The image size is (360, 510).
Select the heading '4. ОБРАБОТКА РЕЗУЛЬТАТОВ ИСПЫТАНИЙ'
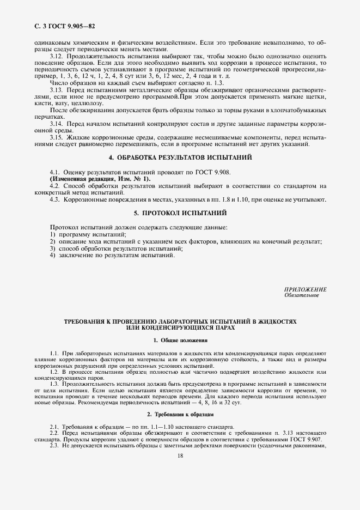179,157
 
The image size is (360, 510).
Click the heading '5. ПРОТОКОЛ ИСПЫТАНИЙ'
179,212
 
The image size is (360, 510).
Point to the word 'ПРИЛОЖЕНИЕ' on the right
306,289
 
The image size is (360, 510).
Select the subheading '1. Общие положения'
180,341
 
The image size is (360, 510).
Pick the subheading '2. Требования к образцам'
180,415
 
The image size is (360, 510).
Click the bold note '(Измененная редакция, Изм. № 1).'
101,179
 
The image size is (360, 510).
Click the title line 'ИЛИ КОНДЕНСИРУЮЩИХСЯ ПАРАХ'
180,328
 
